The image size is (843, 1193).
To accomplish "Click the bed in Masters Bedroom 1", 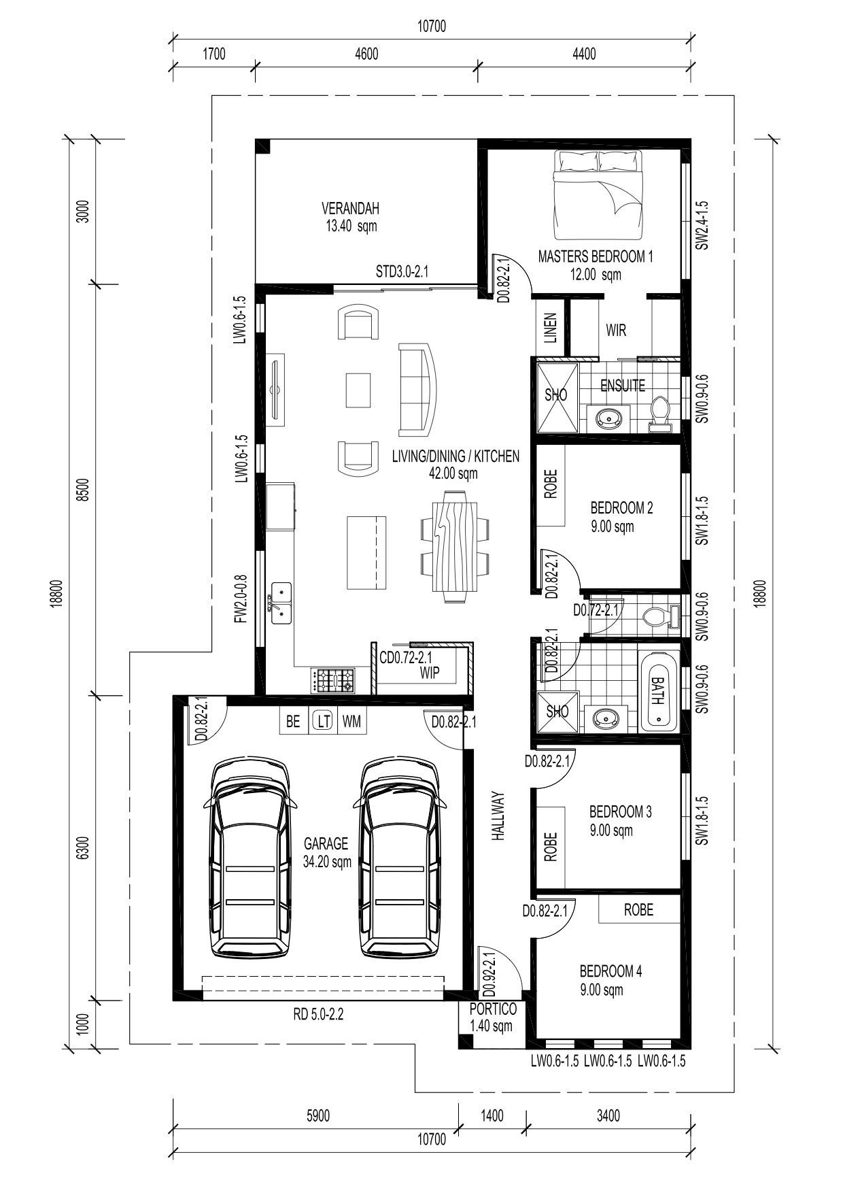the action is point(598,196).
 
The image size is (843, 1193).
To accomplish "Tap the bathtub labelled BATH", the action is point(658,690).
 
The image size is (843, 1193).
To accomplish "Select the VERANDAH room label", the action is point(350,208).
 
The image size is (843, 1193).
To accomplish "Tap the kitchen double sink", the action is point(281,603).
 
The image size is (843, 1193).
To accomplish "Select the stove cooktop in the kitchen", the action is point(333,680).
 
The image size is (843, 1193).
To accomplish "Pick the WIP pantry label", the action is point(430,673).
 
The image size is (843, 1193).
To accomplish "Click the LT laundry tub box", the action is point(323,721).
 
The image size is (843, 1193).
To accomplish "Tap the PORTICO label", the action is point(493,1009).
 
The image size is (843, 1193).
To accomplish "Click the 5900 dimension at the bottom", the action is point(318,1115).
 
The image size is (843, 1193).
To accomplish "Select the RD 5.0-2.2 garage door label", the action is point(318,1015).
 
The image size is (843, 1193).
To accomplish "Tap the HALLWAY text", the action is point(499,817).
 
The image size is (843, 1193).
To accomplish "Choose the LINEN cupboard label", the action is point(551,328).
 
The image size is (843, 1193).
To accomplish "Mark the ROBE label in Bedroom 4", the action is point(638,909).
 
